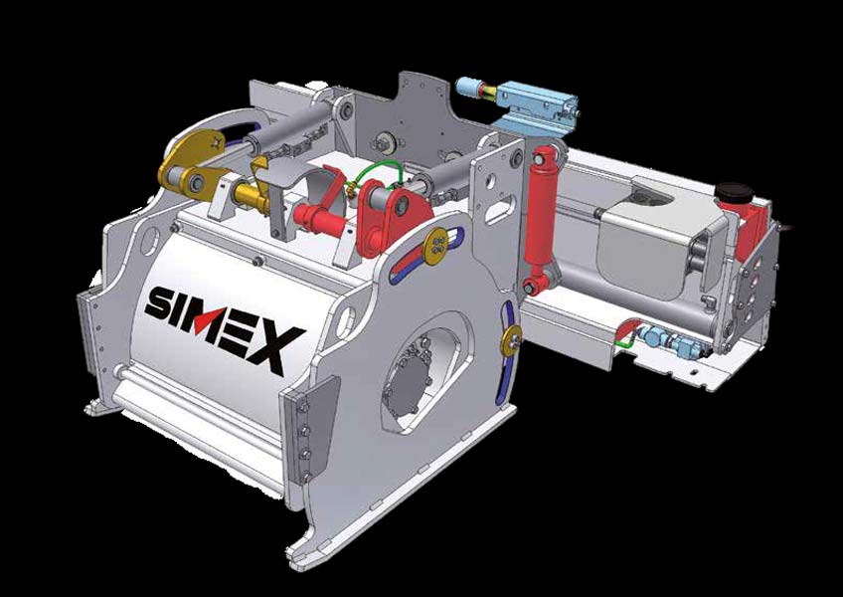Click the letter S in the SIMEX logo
tap(160, 302)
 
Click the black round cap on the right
tap(735, 192)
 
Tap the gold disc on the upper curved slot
tap(436, 246)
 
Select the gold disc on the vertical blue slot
tap(510, 340)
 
